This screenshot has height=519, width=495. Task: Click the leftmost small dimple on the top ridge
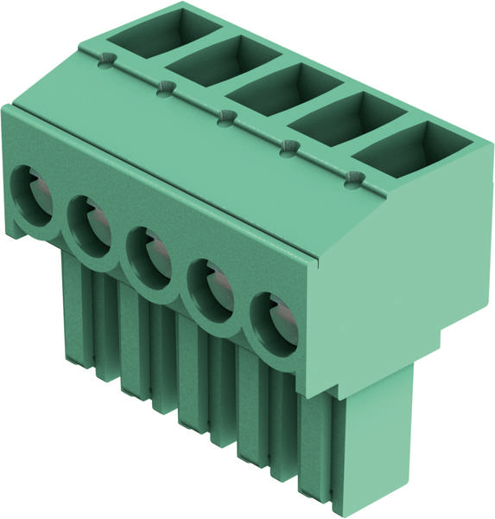pos(105,59)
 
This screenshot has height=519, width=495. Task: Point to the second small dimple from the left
pos(165,86)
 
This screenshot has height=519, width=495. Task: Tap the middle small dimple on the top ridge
pos(225,117)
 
